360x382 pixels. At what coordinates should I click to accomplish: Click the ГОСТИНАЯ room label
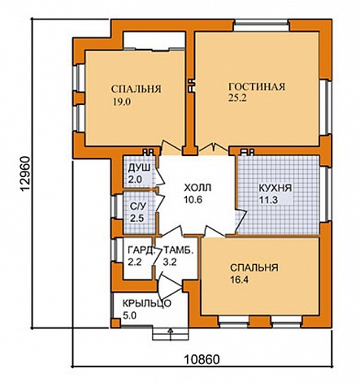pos(257,87)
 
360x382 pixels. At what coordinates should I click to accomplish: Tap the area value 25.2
pos(237,98)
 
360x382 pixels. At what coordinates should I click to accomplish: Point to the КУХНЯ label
pos(275,188)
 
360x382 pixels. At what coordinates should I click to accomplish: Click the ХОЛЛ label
pos(197,188)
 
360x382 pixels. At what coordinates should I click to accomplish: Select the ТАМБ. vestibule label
pos(179,250)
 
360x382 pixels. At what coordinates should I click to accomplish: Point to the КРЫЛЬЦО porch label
pos(147,304)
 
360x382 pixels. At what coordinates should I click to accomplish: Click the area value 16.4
pos(240,280)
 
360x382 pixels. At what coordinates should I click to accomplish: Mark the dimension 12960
pos(25,174)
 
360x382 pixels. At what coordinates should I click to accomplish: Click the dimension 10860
pos(202,360)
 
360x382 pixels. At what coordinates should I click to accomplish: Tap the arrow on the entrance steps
pos(171,334)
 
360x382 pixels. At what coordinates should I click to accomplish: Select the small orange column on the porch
pos(116,323)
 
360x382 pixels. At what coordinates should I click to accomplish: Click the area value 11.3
pos(268,200)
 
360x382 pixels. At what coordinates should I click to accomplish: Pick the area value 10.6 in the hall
pos(193,200)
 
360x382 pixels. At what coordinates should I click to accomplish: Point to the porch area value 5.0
pos(129,315)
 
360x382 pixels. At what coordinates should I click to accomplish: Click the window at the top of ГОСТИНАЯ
pos(262,26)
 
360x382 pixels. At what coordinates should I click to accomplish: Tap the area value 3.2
pos(170,262)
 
